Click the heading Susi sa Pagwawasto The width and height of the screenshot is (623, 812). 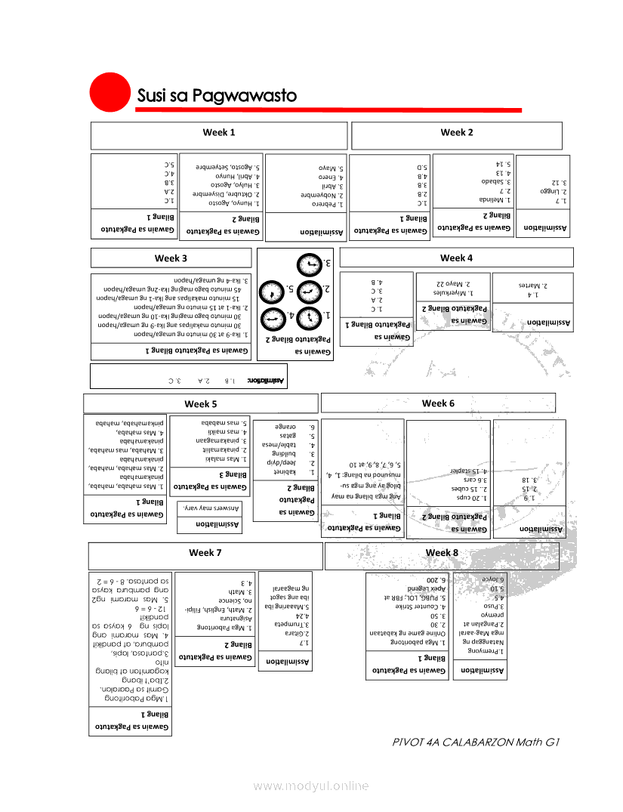click(217, 96)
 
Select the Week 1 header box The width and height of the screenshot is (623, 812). click(219, 134)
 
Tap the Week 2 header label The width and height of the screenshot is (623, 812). click(457, 133)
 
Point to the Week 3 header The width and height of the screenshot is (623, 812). click(171, 258)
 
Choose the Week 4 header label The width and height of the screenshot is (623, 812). click(456, 258)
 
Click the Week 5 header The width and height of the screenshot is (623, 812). click(201, 404)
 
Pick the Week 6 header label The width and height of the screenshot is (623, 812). click(438, 403)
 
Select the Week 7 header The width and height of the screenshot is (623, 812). click(205, 554)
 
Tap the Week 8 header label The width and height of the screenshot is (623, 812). click(442, 553)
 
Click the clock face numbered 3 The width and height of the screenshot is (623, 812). click(309, 265)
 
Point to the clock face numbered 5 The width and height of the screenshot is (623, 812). click(270, 292)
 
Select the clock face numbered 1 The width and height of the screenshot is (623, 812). click(309, 318)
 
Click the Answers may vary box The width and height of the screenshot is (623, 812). click(213, 508)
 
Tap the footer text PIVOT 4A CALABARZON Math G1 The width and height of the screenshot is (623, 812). click(476, 742)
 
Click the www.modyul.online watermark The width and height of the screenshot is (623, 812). click(311, 786)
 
